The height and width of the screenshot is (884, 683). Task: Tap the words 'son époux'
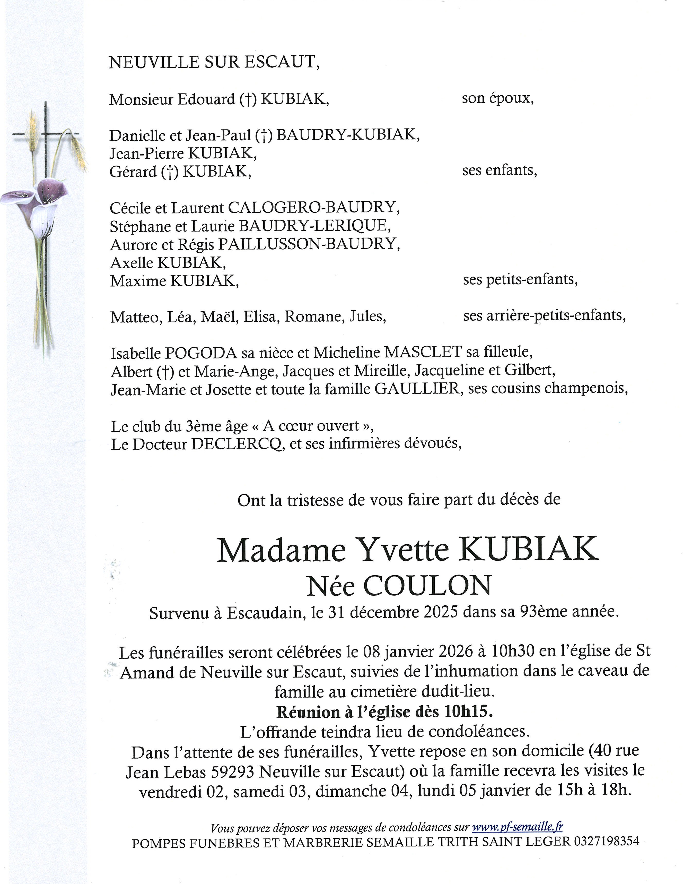[498, 98]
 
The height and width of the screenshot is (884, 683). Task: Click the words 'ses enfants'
[499, 170]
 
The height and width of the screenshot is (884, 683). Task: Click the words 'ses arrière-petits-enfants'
[544, 315]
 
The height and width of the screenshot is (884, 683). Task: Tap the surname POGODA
[201, 353]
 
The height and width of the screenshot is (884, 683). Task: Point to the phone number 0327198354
[606, 842]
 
